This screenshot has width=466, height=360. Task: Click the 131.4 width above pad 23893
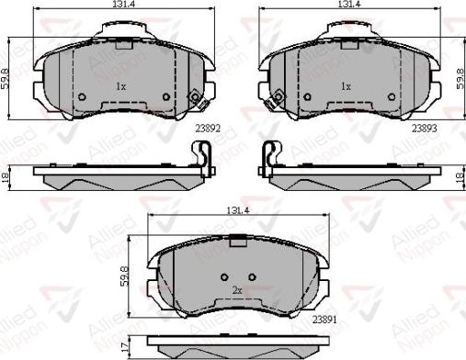(x=347, y=5)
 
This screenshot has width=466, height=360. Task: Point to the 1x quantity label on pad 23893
(x=347, y=86)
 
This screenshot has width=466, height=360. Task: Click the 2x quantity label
(x=236, y=291)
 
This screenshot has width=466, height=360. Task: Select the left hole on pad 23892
(x=81, y=96)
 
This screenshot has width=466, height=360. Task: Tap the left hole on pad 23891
(x=224, y=277)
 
